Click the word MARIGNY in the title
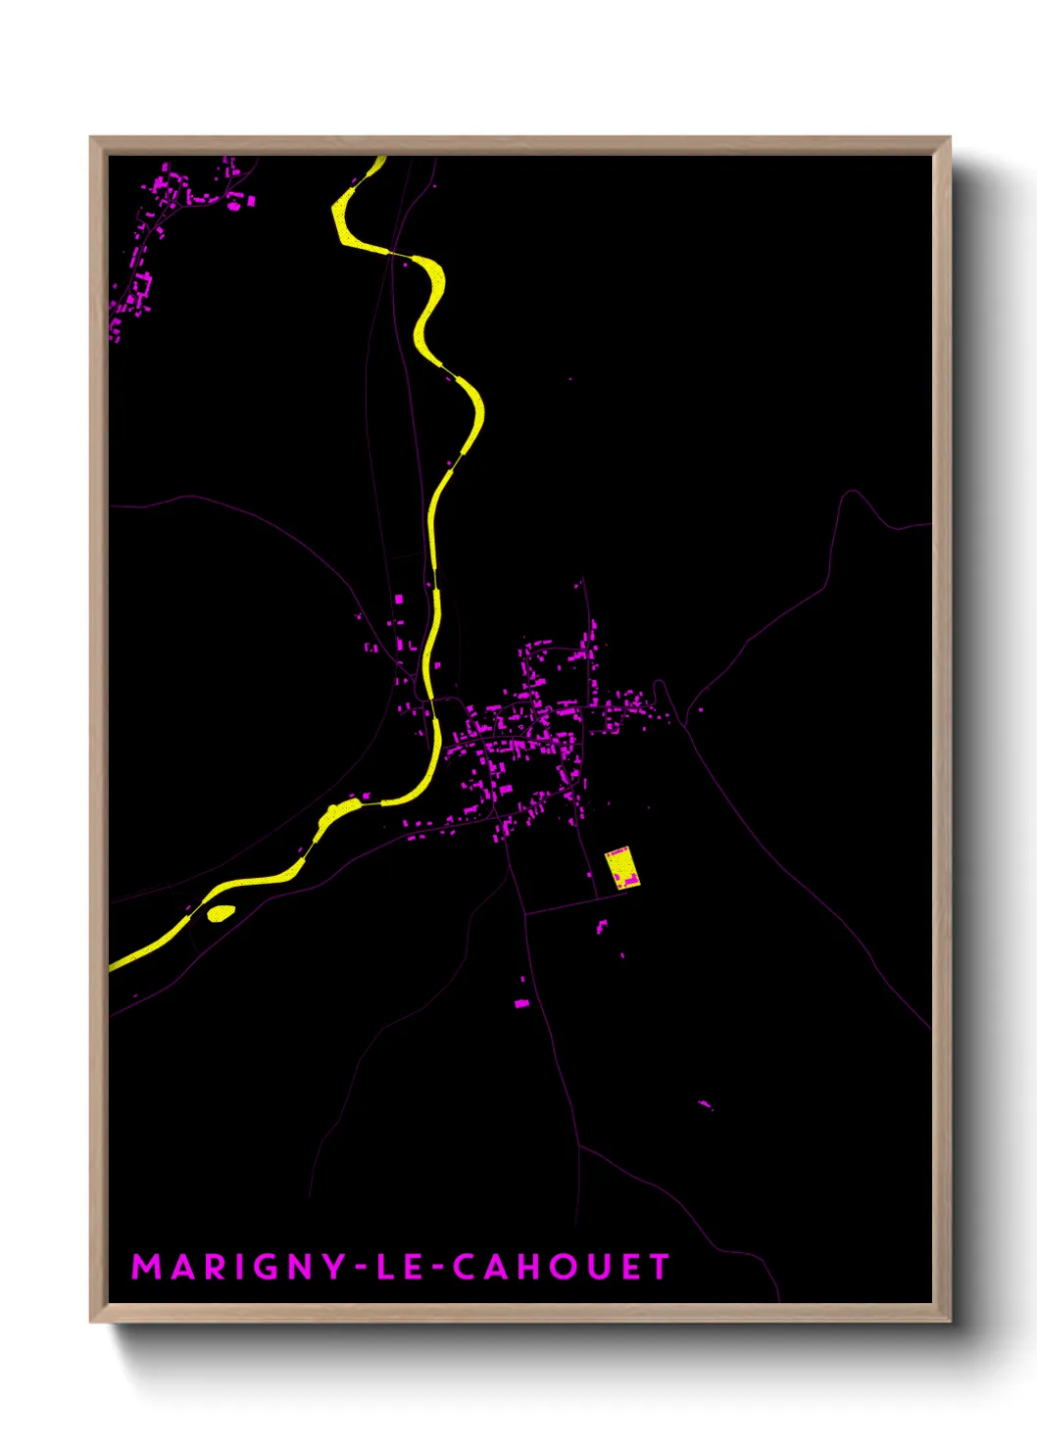(x=237, y=1267)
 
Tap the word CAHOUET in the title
(x=561, y=1267)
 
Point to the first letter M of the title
(x=146, y=1267)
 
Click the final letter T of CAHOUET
(x=659, y=1267)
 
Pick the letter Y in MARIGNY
(x=333, y=1267)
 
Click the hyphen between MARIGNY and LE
(x=362, y=1268)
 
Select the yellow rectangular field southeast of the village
(x=620, y=867)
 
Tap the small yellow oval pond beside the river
(x=221, y=913)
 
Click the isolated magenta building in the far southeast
(x=704, y=1105)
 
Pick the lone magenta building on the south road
(x=521, y=1003)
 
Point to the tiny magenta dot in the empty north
(x=570, y=378)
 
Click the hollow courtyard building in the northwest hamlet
(x=141, y=285)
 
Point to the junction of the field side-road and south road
(x=526, y=914)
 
